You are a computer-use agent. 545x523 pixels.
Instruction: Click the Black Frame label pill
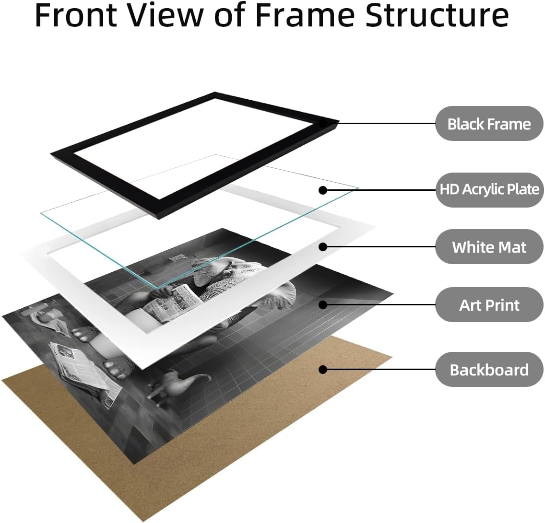click(x=489, y=124)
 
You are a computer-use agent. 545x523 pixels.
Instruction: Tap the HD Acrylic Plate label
click(x=489, y=190)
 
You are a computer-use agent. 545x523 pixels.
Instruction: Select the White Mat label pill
click(x=489, y=247)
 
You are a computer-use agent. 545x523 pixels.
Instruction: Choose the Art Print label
click(x=489, y=305)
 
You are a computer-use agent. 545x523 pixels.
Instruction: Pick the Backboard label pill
click(x=489, y=370)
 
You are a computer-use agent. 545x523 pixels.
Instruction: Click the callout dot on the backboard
click(x=323, y=370)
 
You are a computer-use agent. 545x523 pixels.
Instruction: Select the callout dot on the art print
click(x=323, y=305)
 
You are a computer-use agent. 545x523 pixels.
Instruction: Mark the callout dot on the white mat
click(x=323, y=247)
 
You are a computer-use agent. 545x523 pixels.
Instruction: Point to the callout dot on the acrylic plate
click(x=323, y=190)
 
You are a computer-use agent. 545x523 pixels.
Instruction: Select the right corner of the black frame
click(x=339, y=122)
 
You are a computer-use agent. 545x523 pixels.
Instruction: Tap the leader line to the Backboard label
click(x=379, y=370)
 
